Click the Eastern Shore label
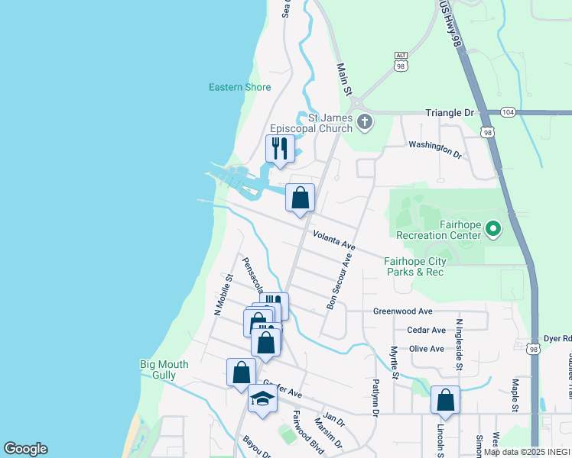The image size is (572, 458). (x=239, y=87)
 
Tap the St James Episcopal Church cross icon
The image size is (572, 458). (x=365, y=121)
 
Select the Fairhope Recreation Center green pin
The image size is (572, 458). (x=493, y=227)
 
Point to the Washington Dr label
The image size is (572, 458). (x=435, y=149)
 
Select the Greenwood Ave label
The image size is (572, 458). (x=402, y=311)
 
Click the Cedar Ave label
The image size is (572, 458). (x=426, y=331)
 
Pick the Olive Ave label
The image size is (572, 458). (x=426, y=349)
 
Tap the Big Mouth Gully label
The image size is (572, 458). (x=158, y=369)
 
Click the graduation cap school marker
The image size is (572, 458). (x=262, y=398)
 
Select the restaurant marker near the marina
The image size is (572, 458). (x=280, y=148)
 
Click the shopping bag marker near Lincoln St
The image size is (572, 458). (x=445, y=400)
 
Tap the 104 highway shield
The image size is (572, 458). (x=508, y=112)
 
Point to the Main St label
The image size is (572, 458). (x=345, y=79)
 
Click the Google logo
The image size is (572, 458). (x=25, y=449)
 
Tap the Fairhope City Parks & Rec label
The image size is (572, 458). (x=414, y=266)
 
